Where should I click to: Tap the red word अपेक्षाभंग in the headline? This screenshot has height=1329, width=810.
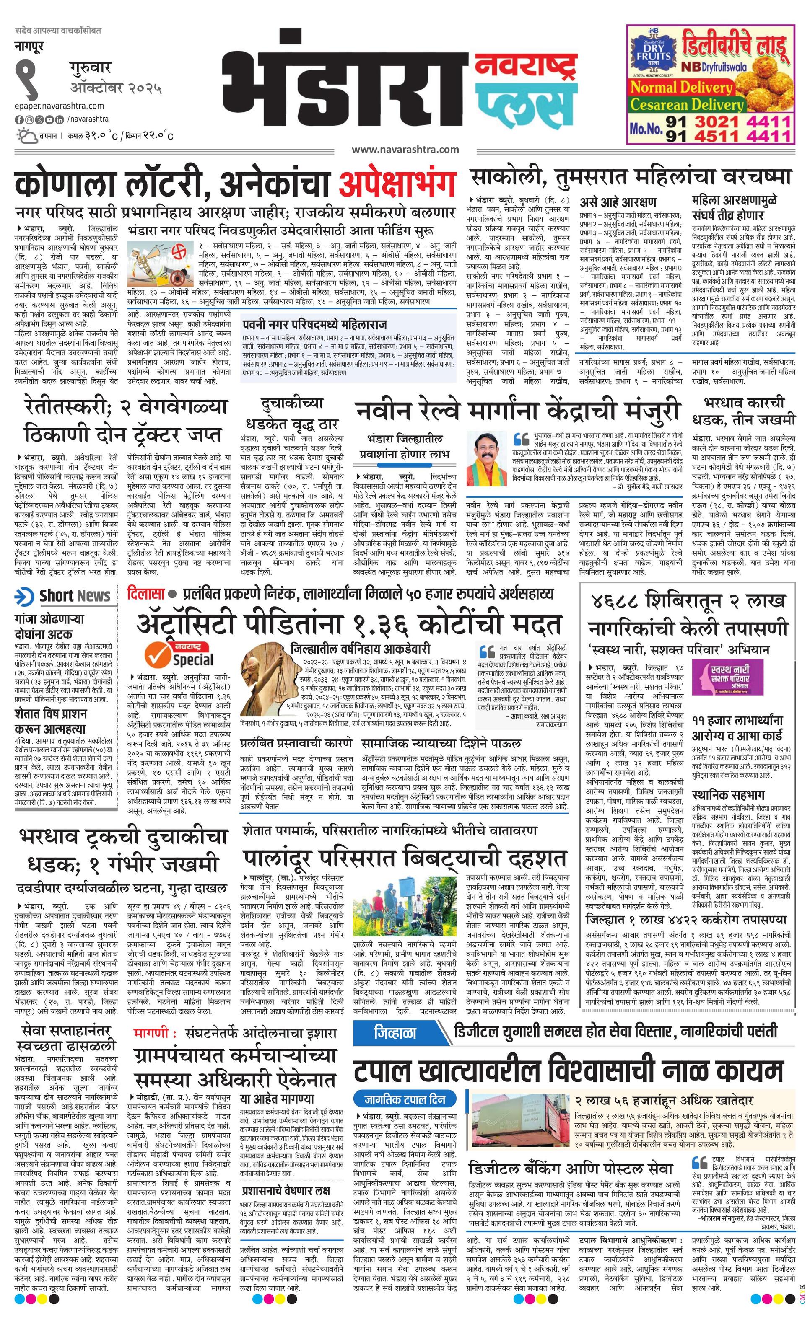click(x=397, y=184)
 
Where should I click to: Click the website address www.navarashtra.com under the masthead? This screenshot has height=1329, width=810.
click(x=405, y=150)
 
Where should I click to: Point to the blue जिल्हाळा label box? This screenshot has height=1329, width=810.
click(x=395, y=1032)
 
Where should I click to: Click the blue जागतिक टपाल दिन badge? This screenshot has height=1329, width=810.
click(x=404, y=1083)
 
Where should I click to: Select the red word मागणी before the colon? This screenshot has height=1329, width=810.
click(x=152, y=1034)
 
